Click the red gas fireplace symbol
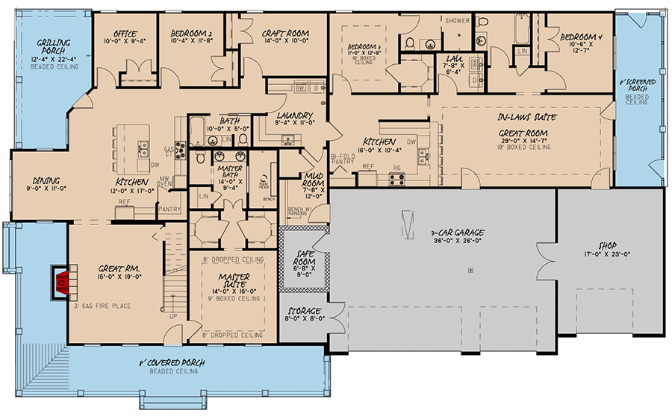pyautogui.click(x=62, y=281)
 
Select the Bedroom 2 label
pyautogui.click(x=192, y=33)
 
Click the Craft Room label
pyautogui.click(x=284, y=33)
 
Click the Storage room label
pyautogui.click(x=302, y=310)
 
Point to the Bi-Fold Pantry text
pyautogui.click(x=343, y=154)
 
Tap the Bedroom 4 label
pyautogui.click(x=581, y=37)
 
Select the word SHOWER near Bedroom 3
pyautogui.click(x=456, y=21)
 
